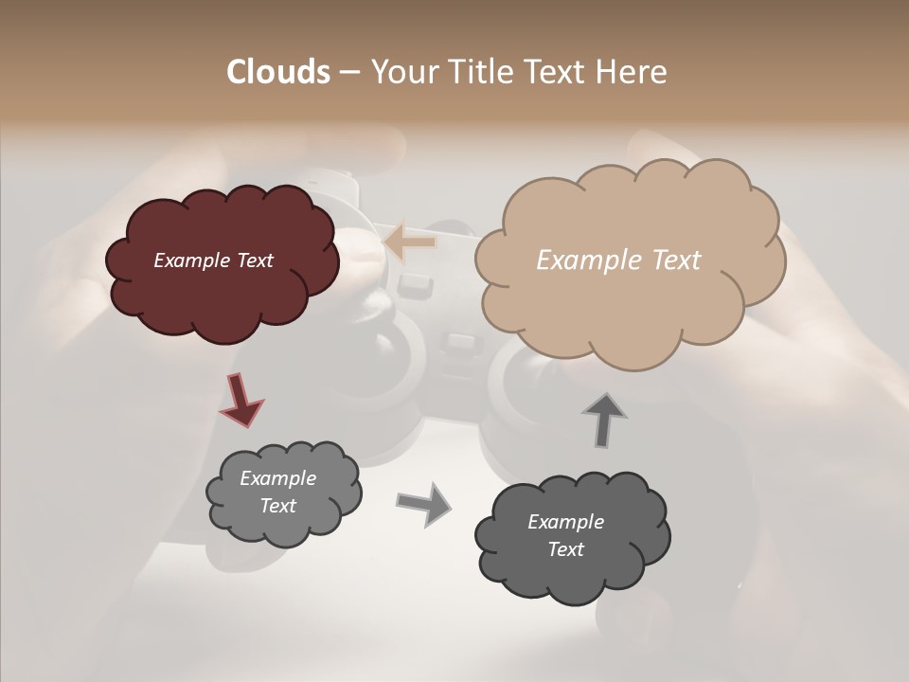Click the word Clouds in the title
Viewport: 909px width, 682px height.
coord(277,72)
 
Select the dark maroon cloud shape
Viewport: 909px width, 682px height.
coord(221,294)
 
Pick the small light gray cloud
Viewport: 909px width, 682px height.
coord(284,526)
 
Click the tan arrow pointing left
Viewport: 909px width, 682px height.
coord(409,242)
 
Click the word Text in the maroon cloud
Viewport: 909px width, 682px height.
coord(254,260)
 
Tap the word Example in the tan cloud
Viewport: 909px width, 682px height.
coord(585,260)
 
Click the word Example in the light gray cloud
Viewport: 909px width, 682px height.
coord(277,478)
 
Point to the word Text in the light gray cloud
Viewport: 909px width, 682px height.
coord(277,506)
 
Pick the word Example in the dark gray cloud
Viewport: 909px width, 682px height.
coord(565,522)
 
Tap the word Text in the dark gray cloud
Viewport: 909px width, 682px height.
coord(565,549)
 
